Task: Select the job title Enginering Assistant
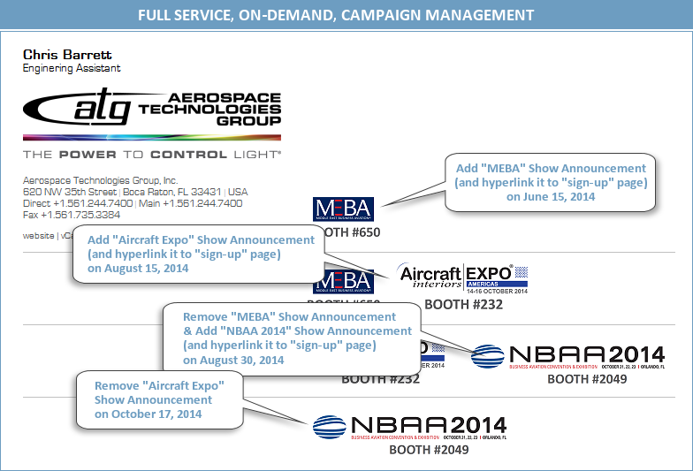(72, 68)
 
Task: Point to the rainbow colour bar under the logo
(152, 137)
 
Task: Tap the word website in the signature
(38, 236)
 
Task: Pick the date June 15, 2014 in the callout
(551, 196)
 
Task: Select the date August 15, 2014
(138, 269)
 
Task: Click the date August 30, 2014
(233, 360)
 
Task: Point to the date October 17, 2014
(148, 414)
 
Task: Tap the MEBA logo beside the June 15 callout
(344, 209)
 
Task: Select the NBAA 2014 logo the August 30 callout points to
(567, 356)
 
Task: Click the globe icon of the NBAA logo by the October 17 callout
(329, 427)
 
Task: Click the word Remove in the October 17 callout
(117, 387)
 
